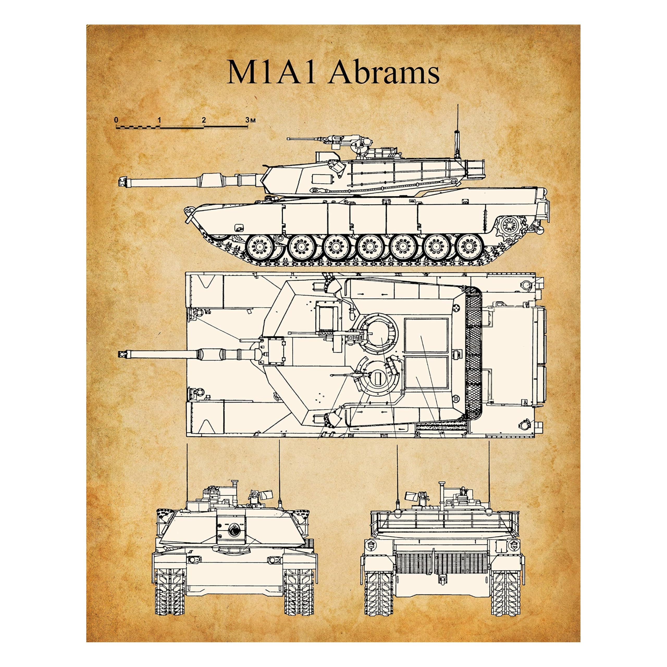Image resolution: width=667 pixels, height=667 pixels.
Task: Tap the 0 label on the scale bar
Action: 116,120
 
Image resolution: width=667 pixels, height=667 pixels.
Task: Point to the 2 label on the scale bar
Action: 204,120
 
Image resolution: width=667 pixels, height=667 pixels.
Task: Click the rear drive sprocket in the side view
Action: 510,226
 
